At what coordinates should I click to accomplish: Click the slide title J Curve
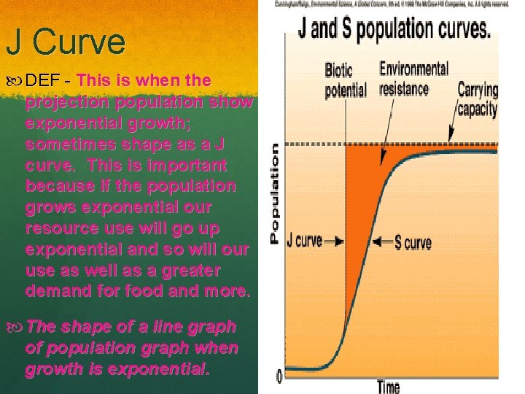pyautogui.click(x=66, y=42)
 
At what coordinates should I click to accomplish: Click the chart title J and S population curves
pyautogui.click(x=394, y=29)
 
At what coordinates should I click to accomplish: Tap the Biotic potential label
pyautogui.click(x=346, y=80)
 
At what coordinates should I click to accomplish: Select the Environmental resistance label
pyautogui.click(x=413, y=79)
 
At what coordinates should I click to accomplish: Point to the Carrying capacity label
pyautogui.click(x=478, y=100)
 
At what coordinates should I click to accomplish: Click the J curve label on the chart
pyautogui.click(x=306, y=240)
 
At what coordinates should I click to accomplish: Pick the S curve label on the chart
pyautogui.click(x=413, y=243)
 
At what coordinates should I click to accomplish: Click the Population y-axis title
pyautogui.click(x=275, y=193)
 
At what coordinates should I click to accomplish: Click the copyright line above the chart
pyautogui.click(x=392, y=4)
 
